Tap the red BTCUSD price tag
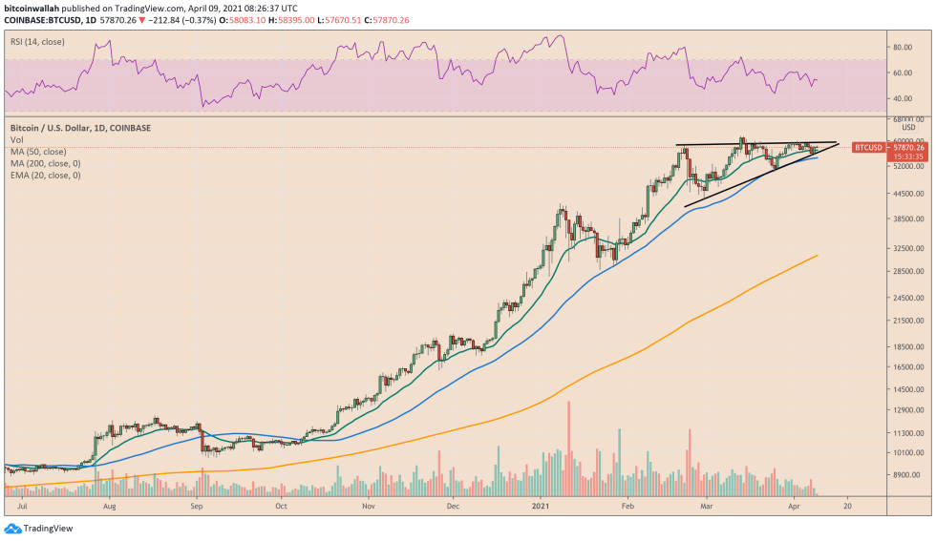coord(868,148)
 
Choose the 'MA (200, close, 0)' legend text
coord(45,163)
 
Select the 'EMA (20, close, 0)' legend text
coord(45,176)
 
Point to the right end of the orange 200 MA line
coord(818,256)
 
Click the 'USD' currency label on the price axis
coord(908,128)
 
